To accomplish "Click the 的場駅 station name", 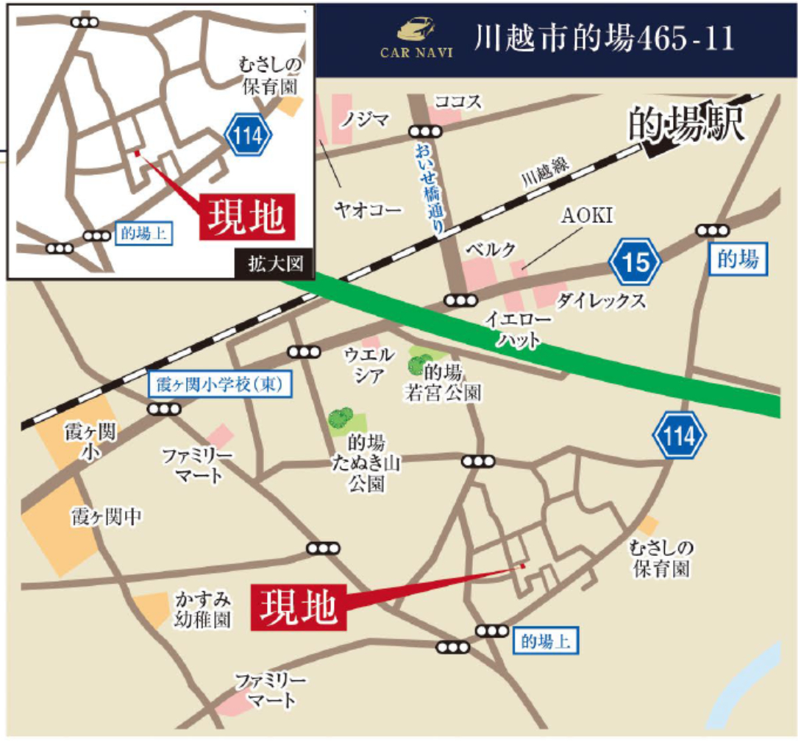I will pos(687,125).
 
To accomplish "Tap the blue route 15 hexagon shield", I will pos(635,261).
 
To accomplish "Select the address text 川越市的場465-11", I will pos(604,39).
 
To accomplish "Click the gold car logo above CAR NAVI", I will pos(416,30).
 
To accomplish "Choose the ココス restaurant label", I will pos(458,101).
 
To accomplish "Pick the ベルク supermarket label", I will pos(490,249).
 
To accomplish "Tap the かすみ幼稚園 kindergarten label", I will pos(202,610).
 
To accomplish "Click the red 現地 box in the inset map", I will pos(247,217).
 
